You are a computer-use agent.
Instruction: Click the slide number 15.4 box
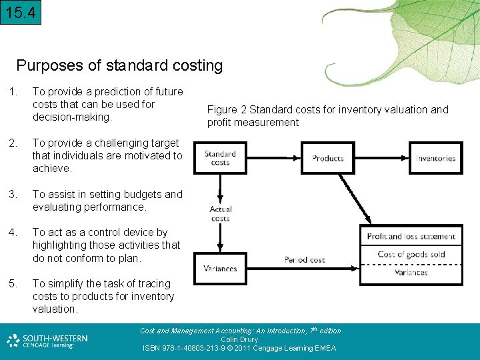coord(21,12)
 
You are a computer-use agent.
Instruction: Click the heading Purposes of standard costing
coord(119,65)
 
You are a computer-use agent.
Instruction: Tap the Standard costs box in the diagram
coord(220,158)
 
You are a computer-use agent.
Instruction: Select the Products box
coord(328,158)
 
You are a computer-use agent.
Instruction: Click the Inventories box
coord(435,158)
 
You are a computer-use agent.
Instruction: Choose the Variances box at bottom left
coord(220,268)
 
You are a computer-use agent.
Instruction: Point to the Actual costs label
coord(220,214)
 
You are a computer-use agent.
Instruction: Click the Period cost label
coord(305,259)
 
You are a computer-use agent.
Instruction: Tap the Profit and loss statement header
coord(411,236)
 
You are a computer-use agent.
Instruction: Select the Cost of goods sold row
coord(411,254)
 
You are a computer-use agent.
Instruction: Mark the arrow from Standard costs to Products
coord(274,158)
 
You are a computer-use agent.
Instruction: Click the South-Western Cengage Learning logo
coord(47,341)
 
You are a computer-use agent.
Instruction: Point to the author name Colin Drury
coord(239,339)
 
